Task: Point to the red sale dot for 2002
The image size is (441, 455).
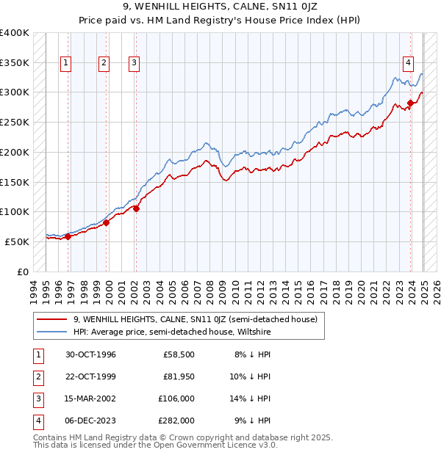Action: [x=137, y=208]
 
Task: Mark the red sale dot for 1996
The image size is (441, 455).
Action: [x=68, y=236]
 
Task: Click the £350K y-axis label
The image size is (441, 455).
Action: [x=15, y=63]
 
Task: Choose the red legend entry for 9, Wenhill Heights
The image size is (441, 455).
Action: [x=195, y=319]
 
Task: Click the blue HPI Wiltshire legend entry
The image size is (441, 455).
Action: [x=172, y=332]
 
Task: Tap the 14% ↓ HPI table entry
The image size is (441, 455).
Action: [x=251, y=398]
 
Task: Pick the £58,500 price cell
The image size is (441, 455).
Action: [x=179, y=354]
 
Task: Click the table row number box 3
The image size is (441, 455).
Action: [x=37, y=398]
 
